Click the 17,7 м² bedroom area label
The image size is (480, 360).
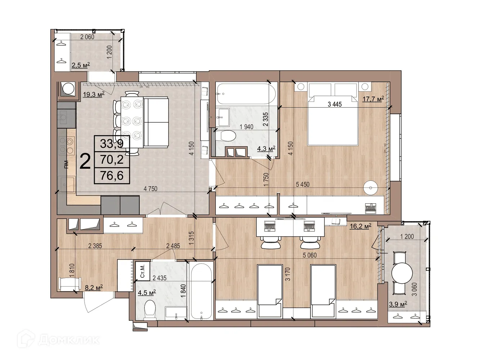click(373, 99)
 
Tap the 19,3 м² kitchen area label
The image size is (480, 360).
click(93, 95)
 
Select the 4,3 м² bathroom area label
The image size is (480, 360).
click(266, 148)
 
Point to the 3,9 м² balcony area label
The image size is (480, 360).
click(398, 304)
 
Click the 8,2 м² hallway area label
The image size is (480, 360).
click(94, 287)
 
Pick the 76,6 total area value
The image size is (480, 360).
click(112, 176)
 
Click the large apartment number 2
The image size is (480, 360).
click(85, 161)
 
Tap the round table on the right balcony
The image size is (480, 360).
click(402, 274)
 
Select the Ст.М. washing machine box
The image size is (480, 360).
click(142, 271)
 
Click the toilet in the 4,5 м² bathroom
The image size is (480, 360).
click(149, 310)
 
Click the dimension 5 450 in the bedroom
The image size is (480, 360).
click(302, 184)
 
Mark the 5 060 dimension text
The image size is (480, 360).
click(310, 255)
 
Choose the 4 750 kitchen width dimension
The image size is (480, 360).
click(150, 189)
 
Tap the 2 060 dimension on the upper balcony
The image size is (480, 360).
click(87, 37)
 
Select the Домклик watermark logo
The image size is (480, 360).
click(58, 339)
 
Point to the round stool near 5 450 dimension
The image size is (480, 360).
click(370, 187)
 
